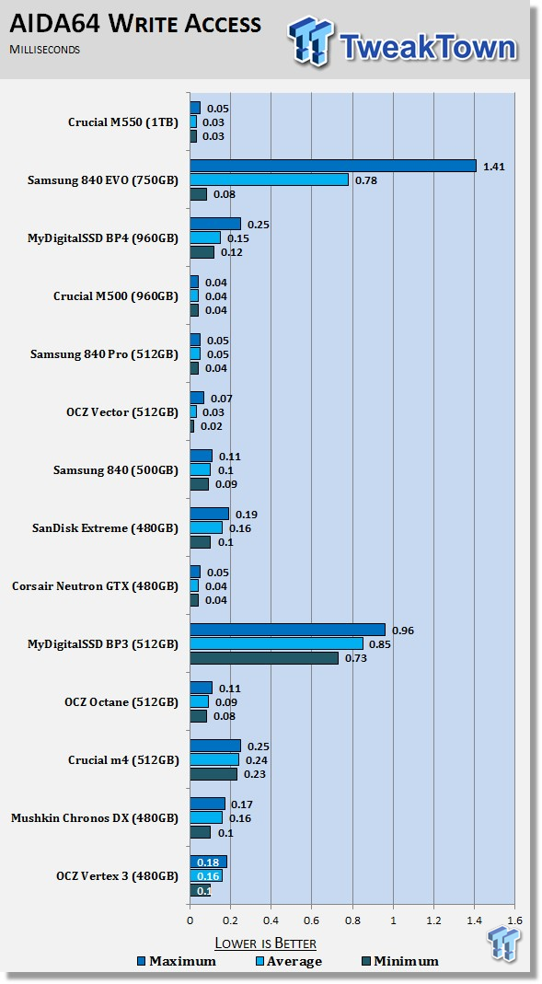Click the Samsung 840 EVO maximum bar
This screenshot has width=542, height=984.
point(333,166)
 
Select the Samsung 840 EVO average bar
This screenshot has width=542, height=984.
point(269,179)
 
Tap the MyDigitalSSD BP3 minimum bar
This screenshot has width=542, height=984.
point(264,657)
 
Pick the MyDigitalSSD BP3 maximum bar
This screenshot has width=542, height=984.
point(288,630)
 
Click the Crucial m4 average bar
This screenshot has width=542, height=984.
point(214,760)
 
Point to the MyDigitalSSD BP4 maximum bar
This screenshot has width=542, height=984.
point(215,224)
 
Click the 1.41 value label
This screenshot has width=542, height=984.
point(494,167)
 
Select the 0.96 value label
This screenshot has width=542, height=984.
point(403,631)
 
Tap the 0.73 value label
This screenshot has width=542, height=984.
point(356,658)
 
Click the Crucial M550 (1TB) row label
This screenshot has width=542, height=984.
point(123,122)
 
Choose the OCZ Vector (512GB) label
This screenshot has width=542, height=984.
point(122,412)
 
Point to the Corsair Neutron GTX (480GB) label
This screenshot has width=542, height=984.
point(96,586)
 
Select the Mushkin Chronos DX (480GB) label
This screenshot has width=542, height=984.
point(95,818)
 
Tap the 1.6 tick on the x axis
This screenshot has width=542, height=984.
point(515,920)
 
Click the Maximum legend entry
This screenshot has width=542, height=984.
point(177,961)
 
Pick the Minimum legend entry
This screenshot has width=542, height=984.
point(400,961)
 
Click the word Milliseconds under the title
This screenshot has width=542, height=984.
point(44,49)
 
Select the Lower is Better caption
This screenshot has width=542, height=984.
point(265,943)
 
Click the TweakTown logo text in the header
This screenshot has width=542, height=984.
point(429,46)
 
